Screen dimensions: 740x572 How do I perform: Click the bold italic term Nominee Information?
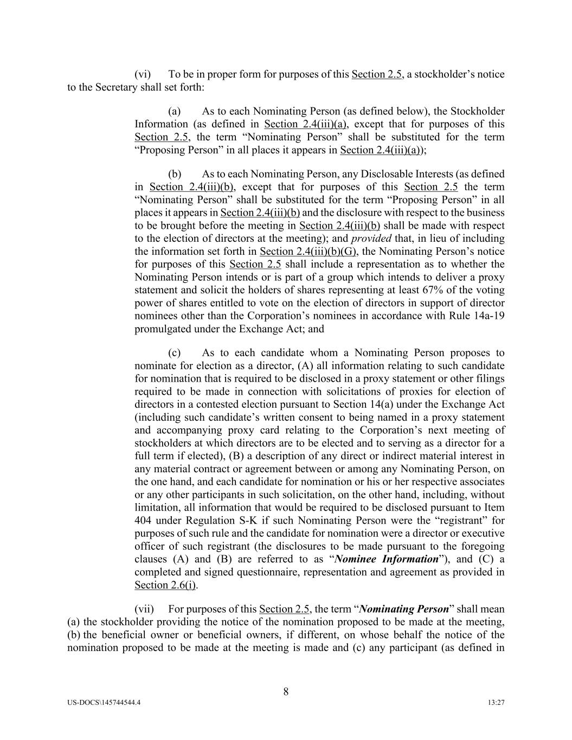387,559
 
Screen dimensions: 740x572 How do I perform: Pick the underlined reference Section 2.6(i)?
165,585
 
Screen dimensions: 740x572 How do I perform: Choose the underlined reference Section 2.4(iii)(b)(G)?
308,252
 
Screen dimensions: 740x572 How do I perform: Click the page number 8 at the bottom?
286,691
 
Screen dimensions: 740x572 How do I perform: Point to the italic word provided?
371,239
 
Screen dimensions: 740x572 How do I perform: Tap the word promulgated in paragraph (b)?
161,329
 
